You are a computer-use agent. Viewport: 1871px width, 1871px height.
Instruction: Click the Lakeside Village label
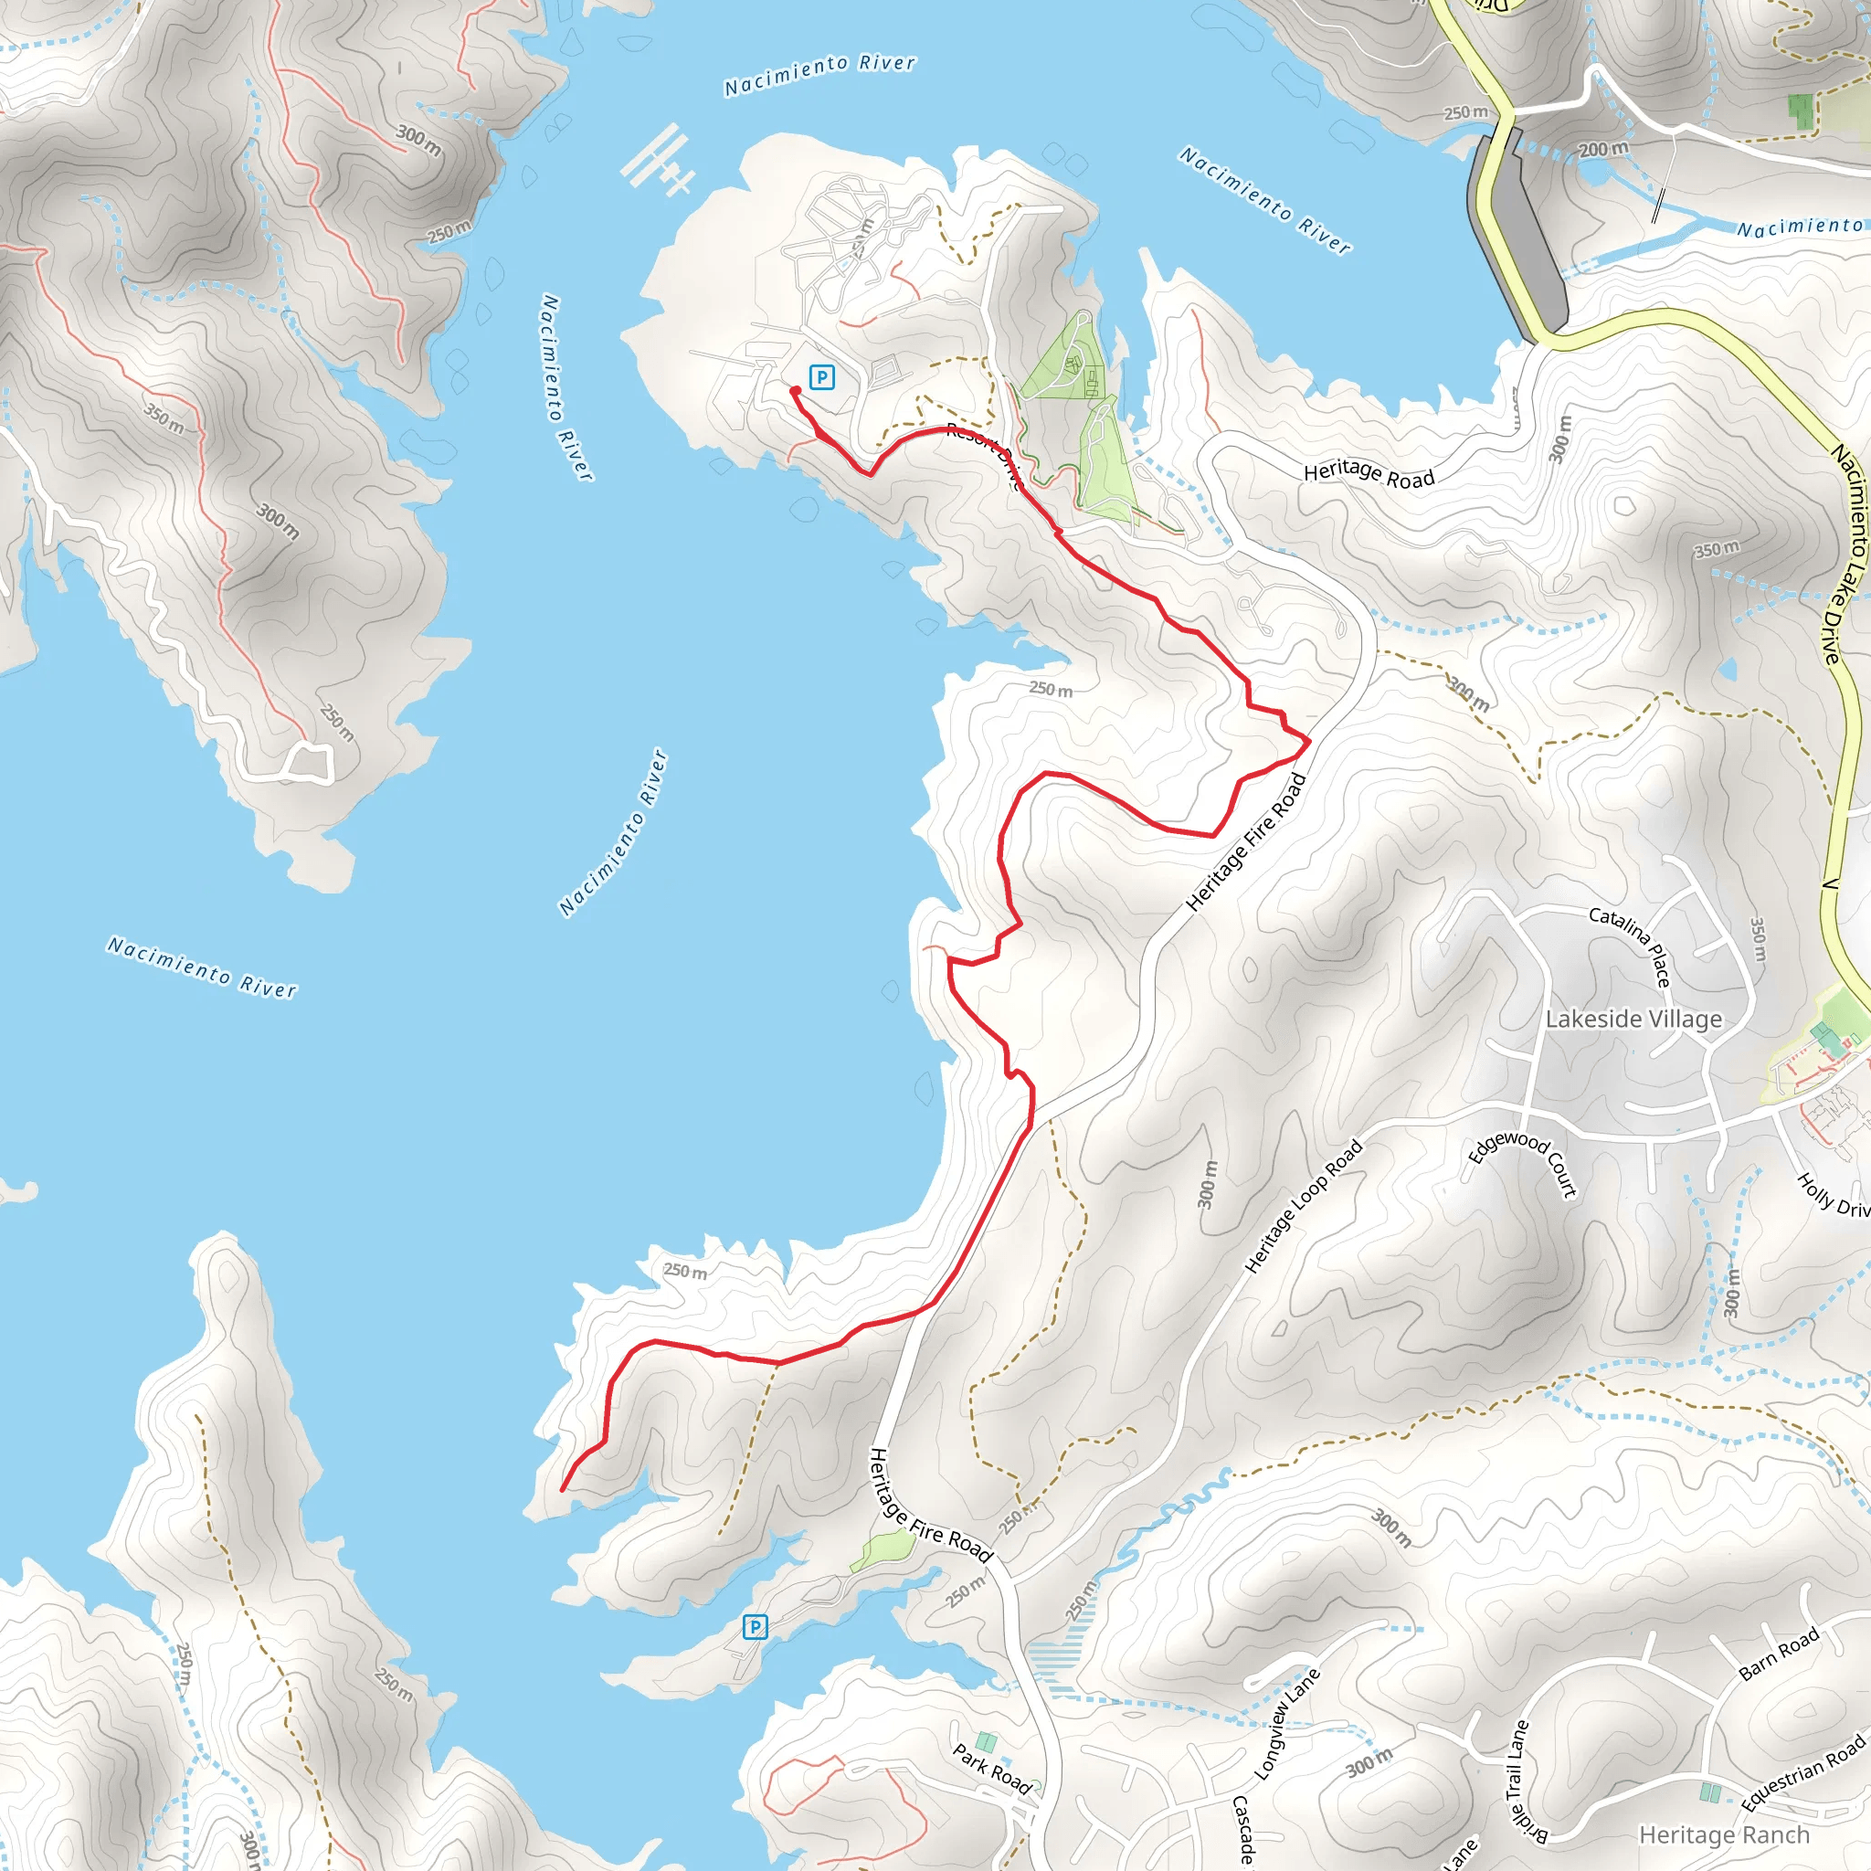click(x=1633, y=1019)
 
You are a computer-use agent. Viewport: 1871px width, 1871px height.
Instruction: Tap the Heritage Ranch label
click(x=1724, y=1834)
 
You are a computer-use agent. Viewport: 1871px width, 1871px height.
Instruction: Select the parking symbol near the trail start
click(x=821, y=377)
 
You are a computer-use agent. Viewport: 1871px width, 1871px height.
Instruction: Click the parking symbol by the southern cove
click(x=755, y=1627)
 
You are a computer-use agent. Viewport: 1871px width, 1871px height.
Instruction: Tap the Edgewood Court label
click(x=1523, y=1163)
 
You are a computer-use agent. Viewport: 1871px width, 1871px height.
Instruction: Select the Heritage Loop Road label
click(x=1303, y=1206)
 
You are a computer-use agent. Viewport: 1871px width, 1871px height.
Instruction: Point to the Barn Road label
click(x=1779, y=1655)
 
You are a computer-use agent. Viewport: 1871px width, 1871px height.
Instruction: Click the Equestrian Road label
click(x=1803, y=1774)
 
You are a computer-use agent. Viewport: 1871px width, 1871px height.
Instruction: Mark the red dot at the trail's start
click(x=795, y=391)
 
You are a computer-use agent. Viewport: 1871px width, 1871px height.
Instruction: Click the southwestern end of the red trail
click(x=563, y=1489)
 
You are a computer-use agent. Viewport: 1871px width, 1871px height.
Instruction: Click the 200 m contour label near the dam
click(x=1602, y=149)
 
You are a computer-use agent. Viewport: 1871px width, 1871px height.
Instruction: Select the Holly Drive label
click(x=1834, y=1195)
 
